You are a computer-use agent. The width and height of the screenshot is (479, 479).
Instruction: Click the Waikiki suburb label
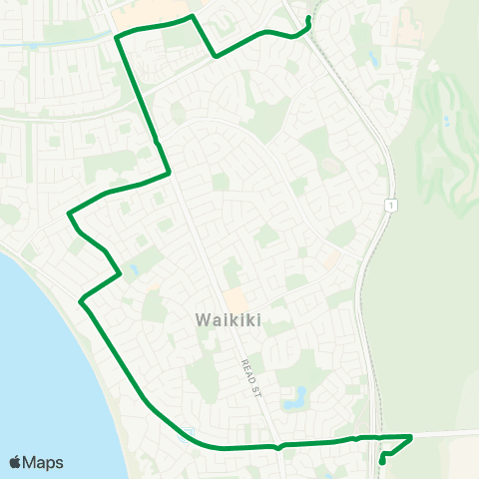pyautogui.click(x=229, y=321)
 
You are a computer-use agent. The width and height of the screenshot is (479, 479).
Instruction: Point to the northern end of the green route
pyautogui.click(x=308, y=19)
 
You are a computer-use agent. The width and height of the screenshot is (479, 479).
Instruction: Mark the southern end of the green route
pyautogui.click(x=383, y=462)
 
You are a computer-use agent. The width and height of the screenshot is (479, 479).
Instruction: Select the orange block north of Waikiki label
pyautogui.click(x=236, y=298)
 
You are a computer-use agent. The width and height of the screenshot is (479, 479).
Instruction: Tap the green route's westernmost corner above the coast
pyautogui.click(x=68, y=213)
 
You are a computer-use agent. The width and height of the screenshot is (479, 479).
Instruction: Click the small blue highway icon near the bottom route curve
pyautogui.click(x=186, y=432)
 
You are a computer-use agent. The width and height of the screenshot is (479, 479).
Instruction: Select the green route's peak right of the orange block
pyautogui.click(x=191, y=17)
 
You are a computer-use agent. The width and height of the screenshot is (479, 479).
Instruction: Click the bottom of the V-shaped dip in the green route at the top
pyautogui.click(x=216, y=57)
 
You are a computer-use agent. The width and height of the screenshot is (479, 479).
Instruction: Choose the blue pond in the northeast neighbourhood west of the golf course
pyautogui.click(x=372, y=60)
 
